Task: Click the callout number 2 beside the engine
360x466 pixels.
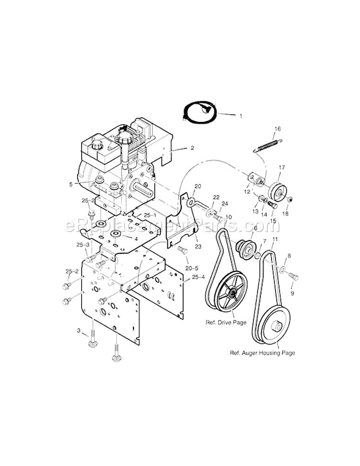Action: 192,148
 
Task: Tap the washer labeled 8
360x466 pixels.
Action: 283,268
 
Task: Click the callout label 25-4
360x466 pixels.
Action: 197,278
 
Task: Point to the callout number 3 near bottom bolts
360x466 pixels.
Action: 78,331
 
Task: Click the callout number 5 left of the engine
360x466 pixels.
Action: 84,184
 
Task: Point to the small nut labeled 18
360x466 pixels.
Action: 290,199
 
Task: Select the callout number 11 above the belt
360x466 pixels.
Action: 275,239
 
